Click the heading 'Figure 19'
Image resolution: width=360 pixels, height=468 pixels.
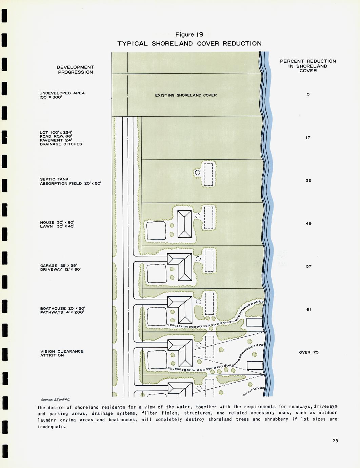pos(189,35)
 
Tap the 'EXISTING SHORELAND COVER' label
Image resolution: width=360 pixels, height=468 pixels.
pos(186,95)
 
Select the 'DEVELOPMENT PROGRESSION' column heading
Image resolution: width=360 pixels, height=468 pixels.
pos(76,70)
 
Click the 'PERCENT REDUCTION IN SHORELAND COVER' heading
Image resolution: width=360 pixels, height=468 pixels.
pos(308,66)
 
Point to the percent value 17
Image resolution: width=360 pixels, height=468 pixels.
pos(308,137)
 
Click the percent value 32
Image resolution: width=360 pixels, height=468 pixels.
pos(308,180)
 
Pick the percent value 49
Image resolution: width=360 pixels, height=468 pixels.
pos(308,223)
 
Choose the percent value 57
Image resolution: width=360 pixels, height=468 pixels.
pos(309,267)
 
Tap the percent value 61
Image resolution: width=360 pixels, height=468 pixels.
pos(309,310)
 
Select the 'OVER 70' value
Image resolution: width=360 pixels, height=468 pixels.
pos(309,352)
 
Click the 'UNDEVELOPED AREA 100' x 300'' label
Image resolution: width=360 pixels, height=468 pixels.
pos(62,95)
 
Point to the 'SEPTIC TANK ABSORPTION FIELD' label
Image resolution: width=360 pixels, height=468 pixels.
pos(71,181)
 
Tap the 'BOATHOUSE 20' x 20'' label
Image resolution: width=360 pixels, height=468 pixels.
pos(62,308)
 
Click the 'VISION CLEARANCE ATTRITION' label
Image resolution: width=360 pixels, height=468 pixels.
pos(62,353)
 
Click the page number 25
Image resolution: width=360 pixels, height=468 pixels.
pos(335,441)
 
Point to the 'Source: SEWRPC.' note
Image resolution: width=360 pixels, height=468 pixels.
pos(55,400)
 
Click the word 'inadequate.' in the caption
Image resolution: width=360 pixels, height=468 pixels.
pos(52,427)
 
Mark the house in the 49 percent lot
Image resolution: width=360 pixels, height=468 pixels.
pos(185,224)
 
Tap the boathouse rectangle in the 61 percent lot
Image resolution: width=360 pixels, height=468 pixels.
pos(255,322)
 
